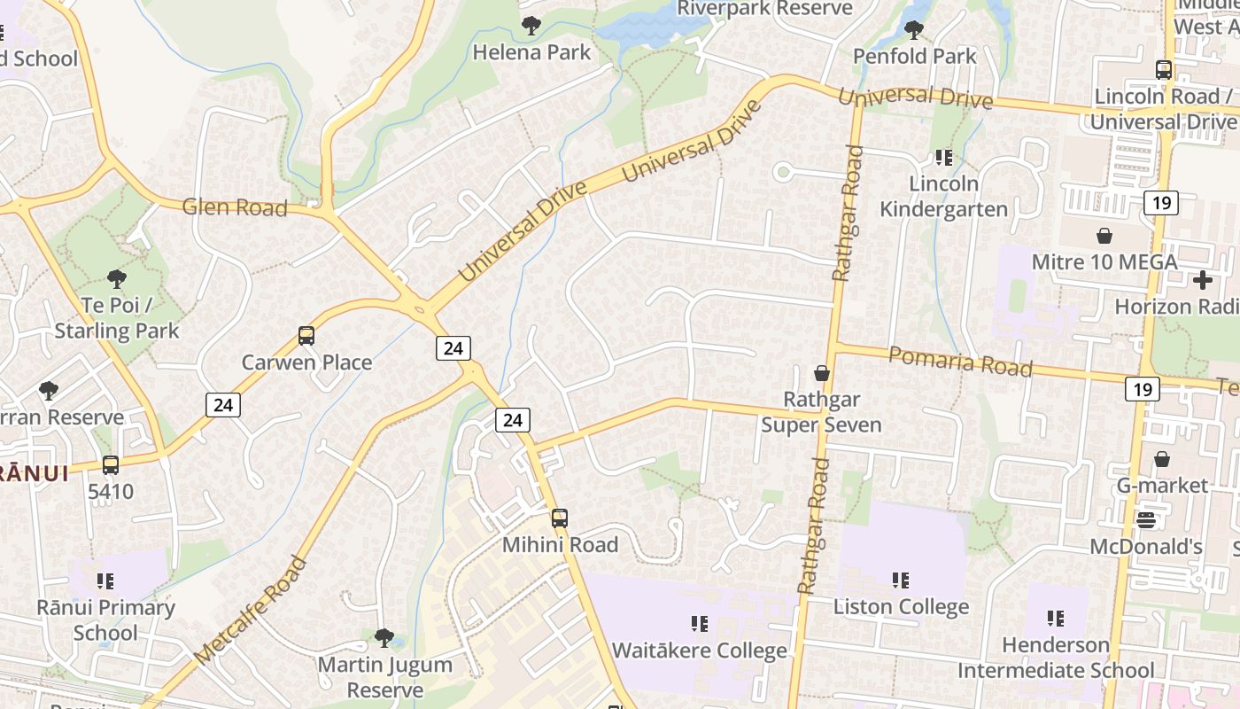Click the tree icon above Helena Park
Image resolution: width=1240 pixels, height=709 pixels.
(x=531, y=26)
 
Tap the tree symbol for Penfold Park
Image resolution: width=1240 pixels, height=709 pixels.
(x=914, y=30)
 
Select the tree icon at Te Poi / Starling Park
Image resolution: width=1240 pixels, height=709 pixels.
(x=116, y=280)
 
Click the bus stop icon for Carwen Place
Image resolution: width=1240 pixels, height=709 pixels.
(x=306, y=336)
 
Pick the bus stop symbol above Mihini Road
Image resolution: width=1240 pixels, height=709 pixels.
(x=560, y=518)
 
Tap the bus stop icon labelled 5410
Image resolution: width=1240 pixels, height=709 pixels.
(x=111, y=465)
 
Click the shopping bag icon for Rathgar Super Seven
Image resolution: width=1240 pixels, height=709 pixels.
(x=822, y=373)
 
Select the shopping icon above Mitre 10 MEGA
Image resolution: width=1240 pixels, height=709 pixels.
(x=1104, y=236)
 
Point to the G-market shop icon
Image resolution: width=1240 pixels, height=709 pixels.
(x=1161, y=459)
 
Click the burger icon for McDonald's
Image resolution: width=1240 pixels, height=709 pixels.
(x=1146, y=520)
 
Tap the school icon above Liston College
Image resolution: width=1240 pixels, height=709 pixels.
(x=901, y=580)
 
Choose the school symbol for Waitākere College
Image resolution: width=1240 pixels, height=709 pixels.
(x=700, y=624)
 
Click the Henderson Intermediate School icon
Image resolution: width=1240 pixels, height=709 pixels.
(x=1056, y=618)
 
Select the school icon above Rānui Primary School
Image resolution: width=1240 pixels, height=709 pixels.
(x=105, y=581)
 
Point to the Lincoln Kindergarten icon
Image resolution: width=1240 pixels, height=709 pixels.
(x=944, y=158)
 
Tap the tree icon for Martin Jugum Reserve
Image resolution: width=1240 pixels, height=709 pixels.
(x=384, y=637)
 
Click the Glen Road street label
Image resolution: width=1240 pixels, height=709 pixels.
(x=235, y=207)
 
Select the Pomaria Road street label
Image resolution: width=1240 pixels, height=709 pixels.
(x=960, y=362)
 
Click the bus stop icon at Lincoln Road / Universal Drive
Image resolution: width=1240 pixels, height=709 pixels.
(x=1164, y=70)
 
